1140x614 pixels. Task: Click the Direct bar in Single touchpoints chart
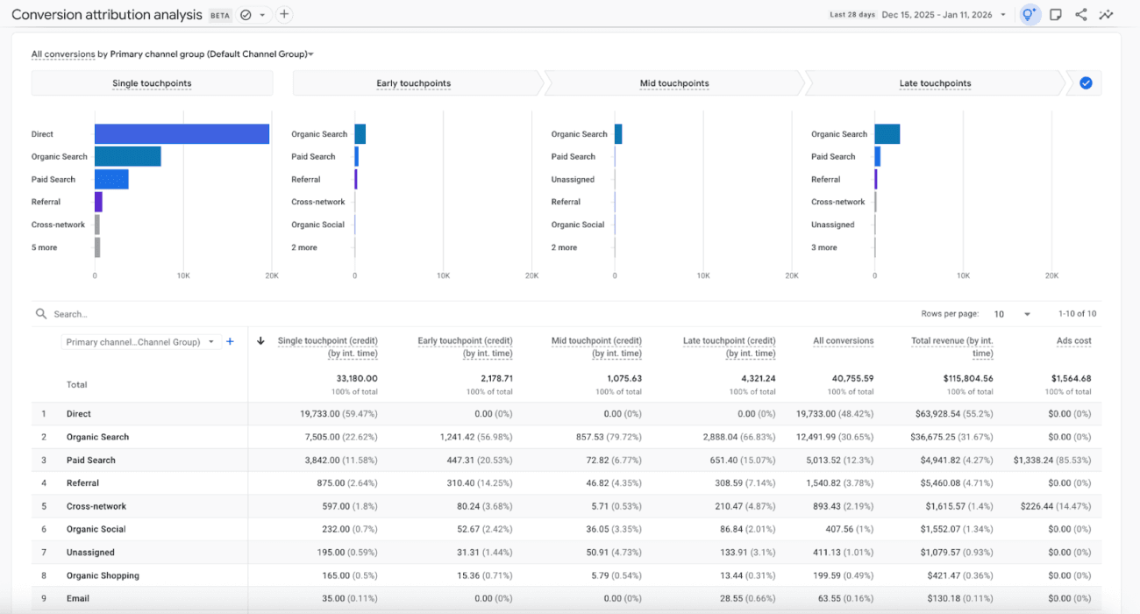pos(182,134)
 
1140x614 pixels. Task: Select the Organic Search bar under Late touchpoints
pos(887,134)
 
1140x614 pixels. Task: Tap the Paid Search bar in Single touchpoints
pos(111,179)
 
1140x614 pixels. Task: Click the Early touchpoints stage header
pos(414,83)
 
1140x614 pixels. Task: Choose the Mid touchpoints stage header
pos(673,83)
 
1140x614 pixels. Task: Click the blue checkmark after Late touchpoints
pos(1086,83)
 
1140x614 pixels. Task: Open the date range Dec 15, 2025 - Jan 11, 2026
pos(937,15)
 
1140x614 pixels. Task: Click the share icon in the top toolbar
pos(1081,15)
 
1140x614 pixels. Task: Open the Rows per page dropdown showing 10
pos(1012,314)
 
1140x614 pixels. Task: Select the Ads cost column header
pos(1073,340)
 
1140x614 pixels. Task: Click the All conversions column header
pos(843,340)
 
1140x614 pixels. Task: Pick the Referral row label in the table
pos(82,483)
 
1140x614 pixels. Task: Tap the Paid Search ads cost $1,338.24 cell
pos(1052,460)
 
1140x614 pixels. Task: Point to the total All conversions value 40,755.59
pos(848,379)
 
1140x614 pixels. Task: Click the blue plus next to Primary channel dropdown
pos(230,342)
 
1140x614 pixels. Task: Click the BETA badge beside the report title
pos(220,16)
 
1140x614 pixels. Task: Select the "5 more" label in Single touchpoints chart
pos(44,247)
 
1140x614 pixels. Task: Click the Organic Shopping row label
pos(103,575)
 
